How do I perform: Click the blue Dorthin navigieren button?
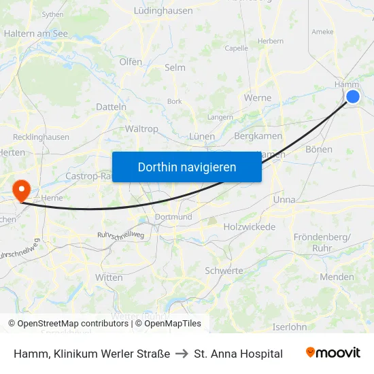(x=187, y=167)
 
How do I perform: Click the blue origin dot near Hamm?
(x=353, y=97)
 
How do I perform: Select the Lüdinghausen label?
(x=163, y=11)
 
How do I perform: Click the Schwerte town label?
(x=224, y=271)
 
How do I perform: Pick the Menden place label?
(x=337, y=277)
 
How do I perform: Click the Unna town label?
(x=284, y=200)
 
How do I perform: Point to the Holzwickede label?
(x=249, y=226)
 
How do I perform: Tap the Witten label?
(x=109, y=277)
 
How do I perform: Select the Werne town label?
(x=258, y=98)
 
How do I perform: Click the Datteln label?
(x=111, y=107)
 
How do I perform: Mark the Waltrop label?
(x=141, y=129)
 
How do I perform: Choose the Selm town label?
(x=175, y=68)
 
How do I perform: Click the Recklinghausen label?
(x=41, y=137)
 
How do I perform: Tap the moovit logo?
(x=333, y=353)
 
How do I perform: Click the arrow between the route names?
(x=183, y=354)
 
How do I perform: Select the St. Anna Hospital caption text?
(x=238, y=354)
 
